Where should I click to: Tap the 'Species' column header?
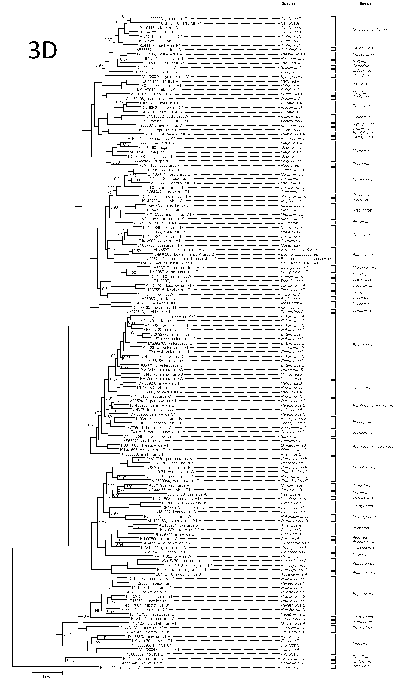pyautogui.click(x=288, y=3)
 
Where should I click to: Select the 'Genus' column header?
pyautogui.click(x=365, y=4)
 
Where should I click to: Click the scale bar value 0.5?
pyautogui.click(x=46, y=677)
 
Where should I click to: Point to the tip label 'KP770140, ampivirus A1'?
pyautogui.click(x=121, y=668)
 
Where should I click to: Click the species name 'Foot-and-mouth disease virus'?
pyautogui.click(x=306, y=259)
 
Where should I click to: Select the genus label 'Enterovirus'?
pyautogui.click(x=362, y=345)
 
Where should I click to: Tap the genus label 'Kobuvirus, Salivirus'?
pyautogui.click(x=369, y=30)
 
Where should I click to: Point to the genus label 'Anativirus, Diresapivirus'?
pyautogui.click(x=373, y=447)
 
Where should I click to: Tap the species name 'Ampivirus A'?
pyautogui.click(x=291, y=668)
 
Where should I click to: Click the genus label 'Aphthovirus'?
pyautogui.click(x=362, y=255)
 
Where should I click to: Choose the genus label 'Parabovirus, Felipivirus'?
pyautogui.click(x=373, y=406)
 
